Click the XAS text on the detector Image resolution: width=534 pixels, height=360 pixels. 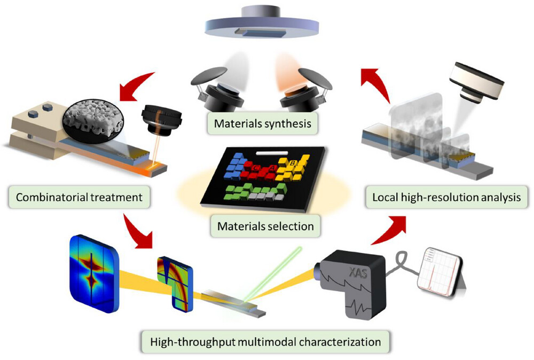(364, 259)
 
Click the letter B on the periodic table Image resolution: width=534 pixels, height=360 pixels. (293, 162)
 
